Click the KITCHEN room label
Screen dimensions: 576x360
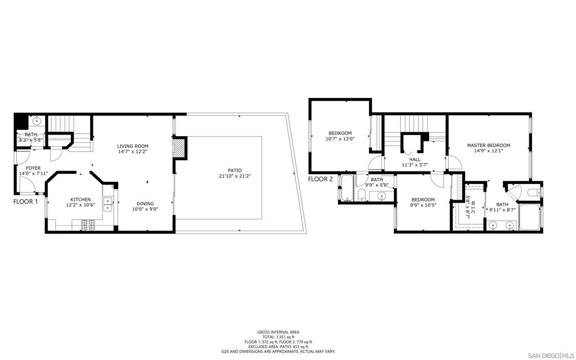(x=80, y=200)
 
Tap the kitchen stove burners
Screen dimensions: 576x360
(x=88, y=225)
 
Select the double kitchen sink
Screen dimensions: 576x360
(x=107, y=205)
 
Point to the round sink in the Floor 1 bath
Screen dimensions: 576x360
(x=37, y=121)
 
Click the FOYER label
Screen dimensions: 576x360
(x=33, y=168)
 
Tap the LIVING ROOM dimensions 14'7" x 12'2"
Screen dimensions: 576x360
(x=133, y=151)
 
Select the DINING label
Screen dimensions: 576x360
(x=145, y=204)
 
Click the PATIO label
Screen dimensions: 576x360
(x=235, y=170)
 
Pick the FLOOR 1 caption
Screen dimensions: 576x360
(x=25, y=201)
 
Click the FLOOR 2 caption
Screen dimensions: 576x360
(x=320, y=179)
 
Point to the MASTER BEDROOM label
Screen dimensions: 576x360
(x=489, y=145)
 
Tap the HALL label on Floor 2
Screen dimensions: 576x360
(x=415, y=159)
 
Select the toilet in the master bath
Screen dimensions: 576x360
(x=533, y=192)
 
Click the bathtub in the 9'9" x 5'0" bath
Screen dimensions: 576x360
(x=347, y=188)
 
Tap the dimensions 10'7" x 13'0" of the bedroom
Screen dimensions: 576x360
(x=340, y=139)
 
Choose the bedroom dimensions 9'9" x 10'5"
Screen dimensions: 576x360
(x=423, y=205)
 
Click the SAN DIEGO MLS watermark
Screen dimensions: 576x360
(x=550, y=355)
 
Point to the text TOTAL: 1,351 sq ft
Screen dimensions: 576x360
(x=278, y=337)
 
